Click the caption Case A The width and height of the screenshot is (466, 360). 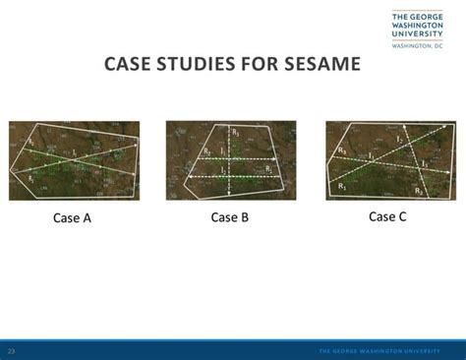pos(72,218)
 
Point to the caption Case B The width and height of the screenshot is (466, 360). pos(230,217)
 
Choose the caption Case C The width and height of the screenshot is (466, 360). pos(387,216)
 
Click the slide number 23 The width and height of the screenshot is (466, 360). pos(12,351)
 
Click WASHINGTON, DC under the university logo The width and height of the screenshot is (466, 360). pos(419,46)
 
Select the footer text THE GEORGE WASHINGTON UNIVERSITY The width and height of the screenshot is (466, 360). pos(386,351)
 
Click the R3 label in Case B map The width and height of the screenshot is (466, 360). pos(234,131)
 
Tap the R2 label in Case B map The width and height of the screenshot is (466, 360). pos(268,169)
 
